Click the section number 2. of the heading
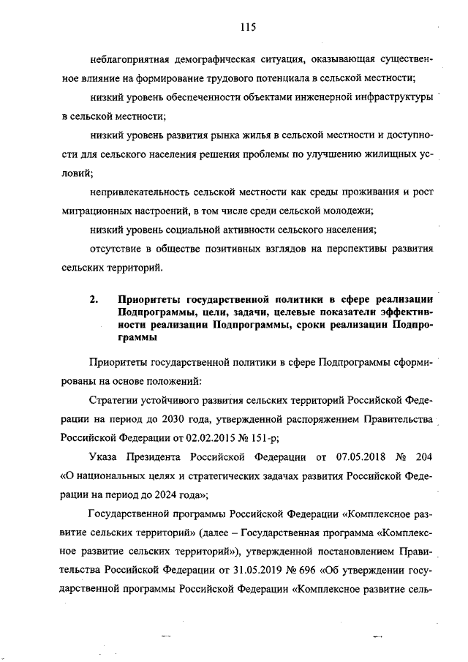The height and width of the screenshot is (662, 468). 94,300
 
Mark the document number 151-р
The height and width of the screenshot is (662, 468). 267,438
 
